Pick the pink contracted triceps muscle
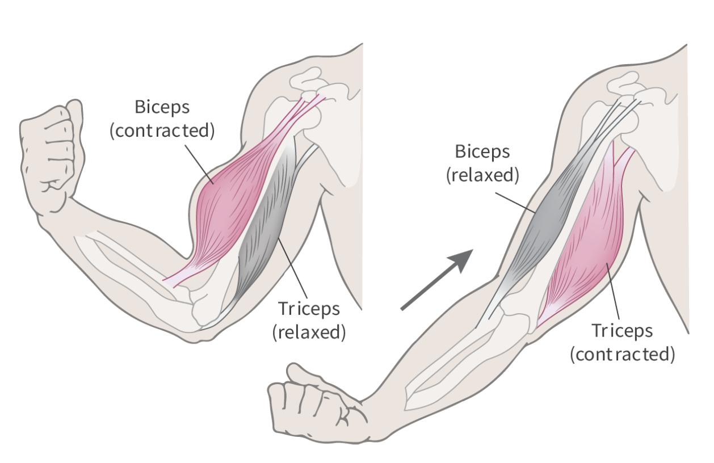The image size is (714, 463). [x=585, y=250]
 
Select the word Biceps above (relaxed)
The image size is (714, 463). [x=483, y=151]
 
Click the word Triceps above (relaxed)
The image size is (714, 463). [x=309, y=309]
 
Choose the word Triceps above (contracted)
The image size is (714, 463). [x=623, y=330]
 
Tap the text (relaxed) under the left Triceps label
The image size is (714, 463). [x=309, y=332]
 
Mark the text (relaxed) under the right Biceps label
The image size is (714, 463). [x=483, y=175]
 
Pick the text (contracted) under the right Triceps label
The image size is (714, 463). [x=623, y=355]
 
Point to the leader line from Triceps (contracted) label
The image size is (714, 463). [x=614, y=292]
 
